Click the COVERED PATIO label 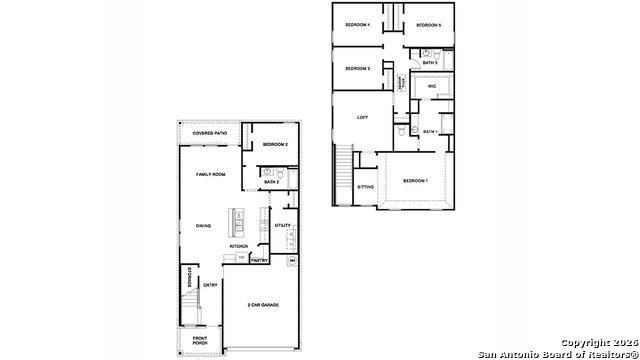pyautogui.click(x=210, y=133)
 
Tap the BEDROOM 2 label pyautogui.click(x=275, y=145)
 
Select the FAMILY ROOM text pyautogui.click(x=210, y=174)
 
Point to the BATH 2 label pyautogui.click(x=272, y=182)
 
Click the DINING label pyautogui.click(x=203, y=225)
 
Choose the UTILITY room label pyautogui.click(x=282, y=225)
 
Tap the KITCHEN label pyautogui.click(x=239, y=246)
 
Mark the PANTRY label pyautogui.click(x=259, y=260)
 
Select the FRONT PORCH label pyautogui.click(x=200, y=341)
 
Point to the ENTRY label pyautogui.click(x=210, y=285)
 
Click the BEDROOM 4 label pyautogui.click(x=357, y=24)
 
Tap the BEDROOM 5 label pyautogui.click(x=428, y=24)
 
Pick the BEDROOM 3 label pyautogui.click(x=357, y=68)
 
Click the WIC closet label pyautogui.click(x=432, y=87)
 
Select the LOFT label pyautogui.click(x=363, y=117)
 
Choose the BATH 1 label pyautogui.click(x=430, y=131)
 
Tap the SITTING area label pyautogui.click(x=366, y=187)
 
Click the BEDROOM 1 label pyautogui.click(x=415, y=180)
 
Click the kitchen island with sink pyautogui.click(x=237, y=221)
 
